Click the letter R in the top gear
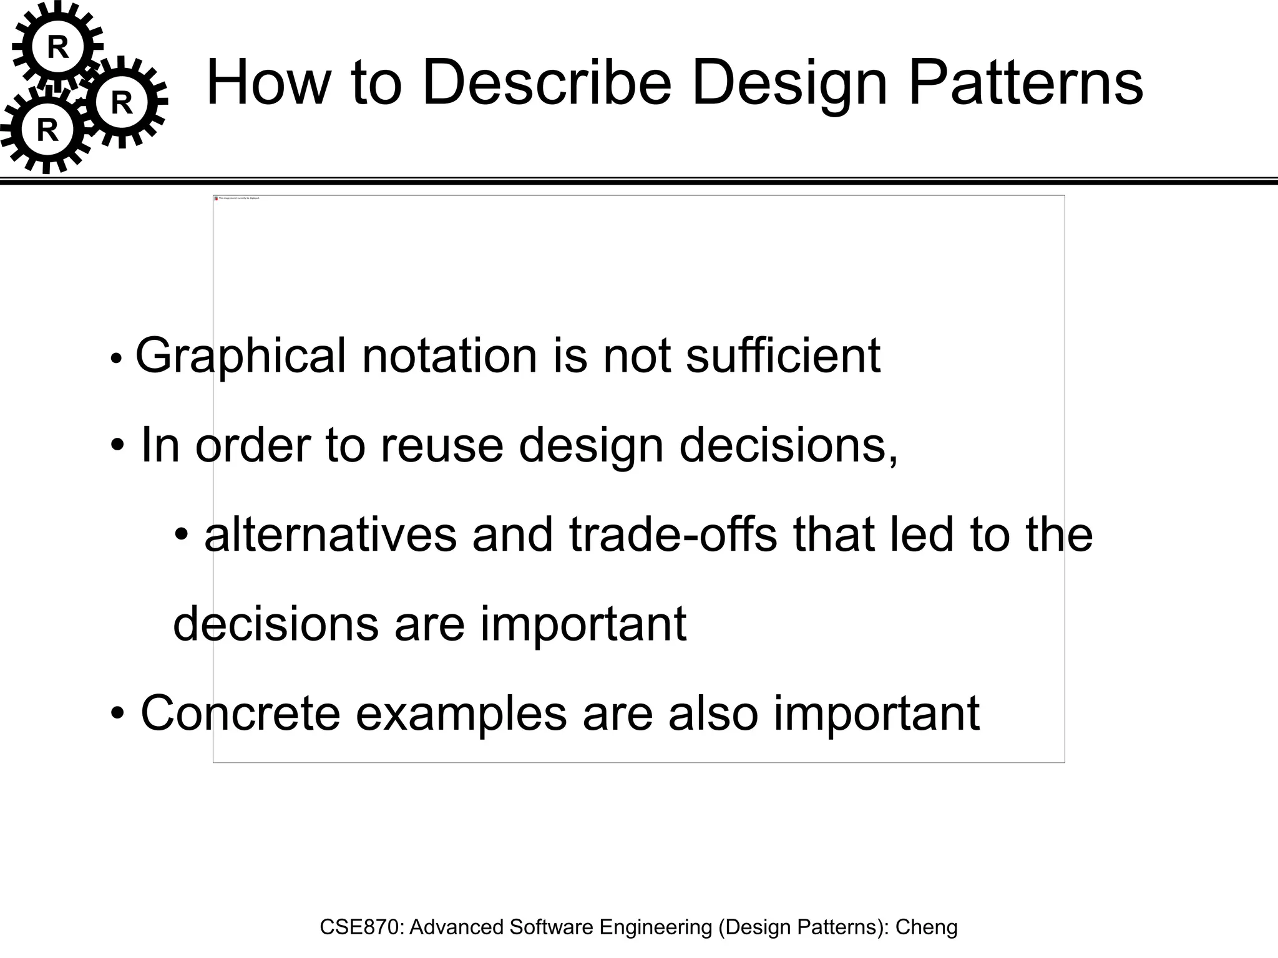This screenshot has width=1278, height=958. (58, 47)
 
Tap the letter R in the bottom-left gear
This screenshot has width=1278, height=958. (47, 130)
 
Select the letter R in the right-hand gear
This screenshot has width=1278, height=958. (122, 103)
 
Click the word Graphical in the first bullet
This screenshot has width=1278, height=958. (240, 356)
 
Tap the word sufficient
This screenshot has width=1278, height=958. (783, 356)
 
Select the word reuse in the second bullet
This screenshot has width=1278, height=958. (441, 445)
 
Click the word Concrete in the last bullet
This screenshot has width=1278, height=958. (240, 713)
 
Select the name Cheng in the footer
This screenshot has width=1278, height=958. (926, 927)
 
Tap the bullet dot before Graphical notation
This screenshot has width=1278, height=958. (115, 360)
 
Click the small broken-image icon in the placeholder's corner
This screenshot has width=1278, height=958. (217, 198)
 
